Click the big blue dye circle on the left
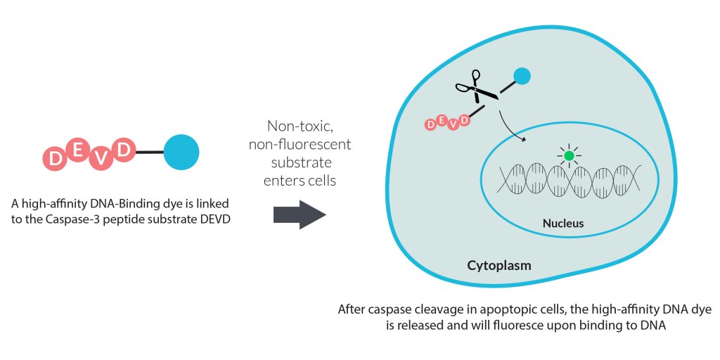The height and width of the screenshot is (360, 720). tap(181, 151)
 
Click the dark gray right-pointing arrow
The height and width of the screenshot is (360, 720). tap(300, 214)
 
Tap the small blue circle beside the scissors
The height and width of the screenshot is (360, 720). tap(522, 76)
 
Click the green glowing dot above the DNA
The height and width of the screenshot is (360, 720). tap(570, 155)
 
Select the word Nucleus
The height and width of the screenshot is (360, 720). tap(563, 224)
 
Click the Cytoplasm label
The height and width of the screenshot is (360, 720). tap(499, 266)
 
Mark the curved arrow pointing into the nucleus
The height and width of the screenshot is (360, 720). tap(511, 127)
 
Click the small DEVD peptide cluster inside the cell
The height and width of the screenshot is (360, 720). tap(447, 122)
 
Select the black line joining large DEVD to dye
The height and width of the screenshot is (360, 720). tap(148, 151)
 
